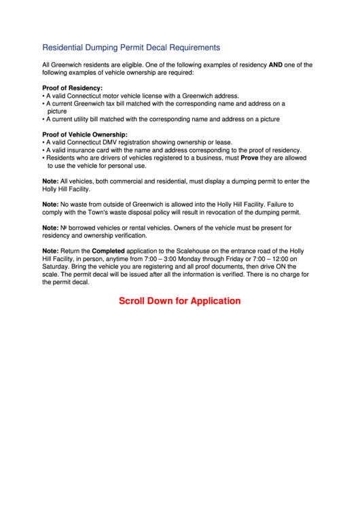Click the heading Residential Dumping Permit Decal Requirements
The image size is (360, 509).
click(131, 48)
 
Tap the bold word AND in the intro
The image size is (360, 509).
click(276, 65)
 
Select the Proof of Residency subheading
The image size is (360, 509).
click(73, 88)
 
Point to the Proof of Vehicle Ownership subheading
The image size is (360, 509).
click(85, 135)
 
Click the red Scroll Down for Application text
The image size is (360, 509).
click(180, 300)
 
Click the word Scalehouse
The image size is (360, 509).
click(204, 251)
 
